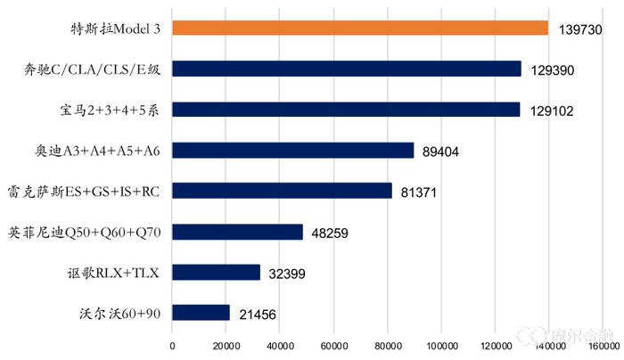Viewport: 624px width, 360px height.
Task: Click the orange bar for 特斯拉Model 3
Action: [359, 28]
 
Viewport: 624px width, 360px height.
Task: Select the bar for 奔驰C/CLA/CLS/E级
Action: [346, 69]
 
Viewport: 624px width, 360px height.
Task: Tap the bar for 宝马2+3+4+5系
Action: [345, 110]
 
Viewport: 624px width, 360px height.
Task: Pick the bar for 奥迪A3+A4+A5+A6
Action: [292, 151]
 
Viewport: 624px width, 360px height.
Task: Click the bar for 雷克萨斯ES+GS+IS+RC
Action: [282, 191]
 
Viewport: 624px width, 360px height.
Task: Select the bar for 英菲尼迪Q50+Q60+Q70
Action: [237, 232]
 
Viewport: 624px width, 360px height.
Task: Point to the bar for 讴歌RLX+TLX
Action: [216, 273]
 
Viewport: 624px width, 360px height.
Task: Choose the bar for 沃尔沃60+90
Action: [201, 313]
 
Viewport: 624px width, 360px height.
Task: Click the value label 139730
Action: [581, 29]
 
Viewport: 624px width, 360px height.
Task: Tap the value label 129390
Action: [554, 70]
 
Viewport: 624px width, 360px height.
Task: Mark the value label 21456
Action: [255, 315]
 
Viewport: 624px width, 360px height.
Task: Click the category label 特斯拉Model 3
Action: [116, 29]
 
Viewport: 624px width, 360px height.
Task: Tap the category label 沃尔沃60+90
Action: [121, 314]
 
